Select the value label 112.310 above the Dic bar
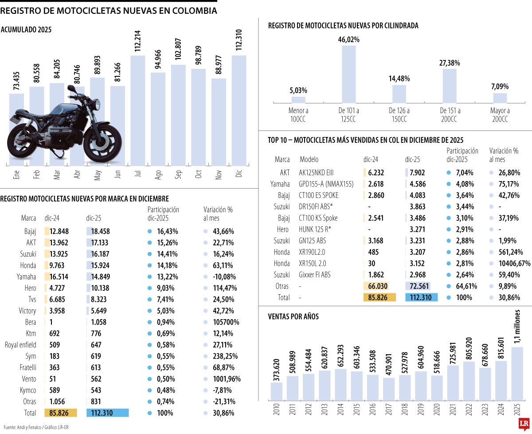tap(239, 40)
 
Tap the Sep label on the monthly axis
tap(178, 174)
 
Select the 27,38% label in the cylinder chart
tap(450, 63)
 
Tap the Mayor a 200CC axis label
tap(500, 115)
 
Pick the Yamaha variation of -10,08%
tap(219, 277)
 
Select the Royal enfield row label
tap(20, 345)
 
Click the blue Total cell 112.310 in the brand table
tap(106, 413)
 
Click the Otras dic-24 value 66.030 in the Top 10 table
tap(379, 286)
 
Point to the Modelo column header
tap(309, 159)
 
